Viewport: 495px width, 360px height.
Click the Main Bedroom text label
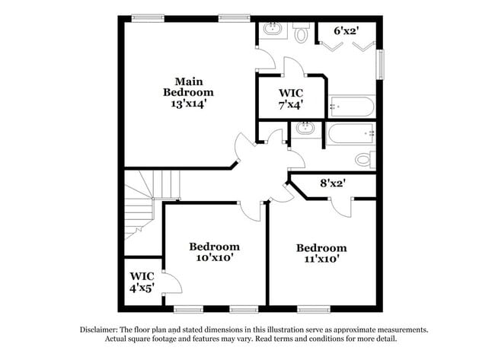click(189, 86)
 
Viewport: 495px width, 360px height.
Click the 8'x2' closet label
click(334, 183)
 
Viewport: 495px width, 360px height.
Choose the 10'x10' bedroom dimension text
click(214, 258)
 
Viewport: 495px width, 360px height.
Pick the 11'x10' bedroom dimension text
click(321, 259)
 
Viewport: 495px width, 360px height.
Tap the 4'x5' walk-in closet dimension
click(142, 288)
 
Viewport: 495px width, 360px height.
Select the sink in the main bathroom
click(272, 31)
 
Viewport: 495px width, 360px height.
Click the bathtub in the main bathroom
click(351, 106)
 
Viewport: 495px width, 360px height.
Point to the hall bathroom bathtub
click(350, 134)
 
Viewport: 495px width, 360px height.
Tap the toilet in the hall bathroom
click(366, 159)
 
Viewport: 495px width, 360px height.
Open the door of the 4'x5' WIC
click(171, 283)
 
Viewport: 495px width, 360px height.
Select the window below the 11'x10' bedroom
click(312, 309)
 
